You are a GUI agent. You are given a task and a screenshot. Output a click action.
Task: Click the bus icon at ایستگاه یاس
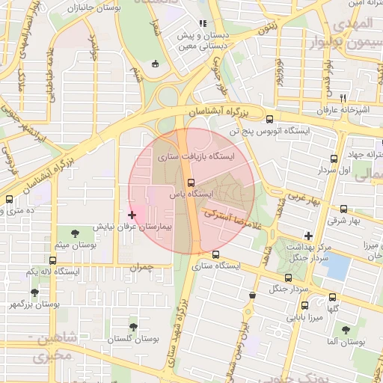(x=191, y=182)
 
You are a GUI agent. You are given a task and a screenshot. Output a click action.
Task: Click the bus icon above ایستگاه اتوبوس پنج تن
(x=269, y=118)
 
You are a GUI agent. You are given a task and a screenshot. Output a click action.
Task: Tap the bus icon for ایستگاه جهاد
(x=334, y=159)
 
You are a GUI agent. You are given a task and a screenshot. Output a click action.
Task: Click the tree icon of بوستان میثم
(x=74, y=234)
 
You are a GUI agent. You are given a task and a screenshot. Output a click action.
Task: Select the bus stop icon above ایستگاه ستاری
(x=216, y=254)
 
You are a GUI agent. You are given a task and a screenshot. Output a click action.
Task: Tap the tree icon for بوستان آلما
(x=346, y=329)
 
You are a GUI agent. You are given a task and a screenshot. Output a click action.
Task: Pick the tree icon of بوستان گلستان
(x=133, y=327)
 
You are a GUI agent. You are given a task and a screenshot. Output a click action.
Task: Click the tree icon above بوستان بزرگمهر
(x=34, y=292)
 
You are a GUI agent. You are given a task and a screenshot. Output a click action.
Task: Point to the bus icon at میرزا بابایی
(x=304, y=305)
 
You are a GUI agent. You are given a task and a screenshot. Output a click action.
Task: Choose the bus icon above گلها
(x=333, y=298)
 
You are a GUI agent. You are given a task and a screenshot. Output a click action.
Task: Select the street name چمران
(x=140, y=266)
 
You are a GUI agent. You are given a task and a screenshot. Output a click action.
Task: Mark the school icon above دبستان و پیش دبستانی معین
(x=203, y=24)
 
